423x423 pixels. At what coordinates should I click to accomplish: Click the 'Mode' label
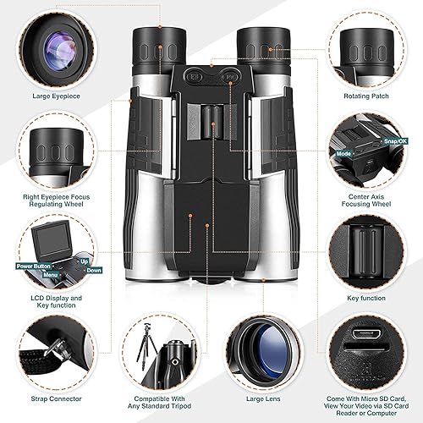tap(343, 155)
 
